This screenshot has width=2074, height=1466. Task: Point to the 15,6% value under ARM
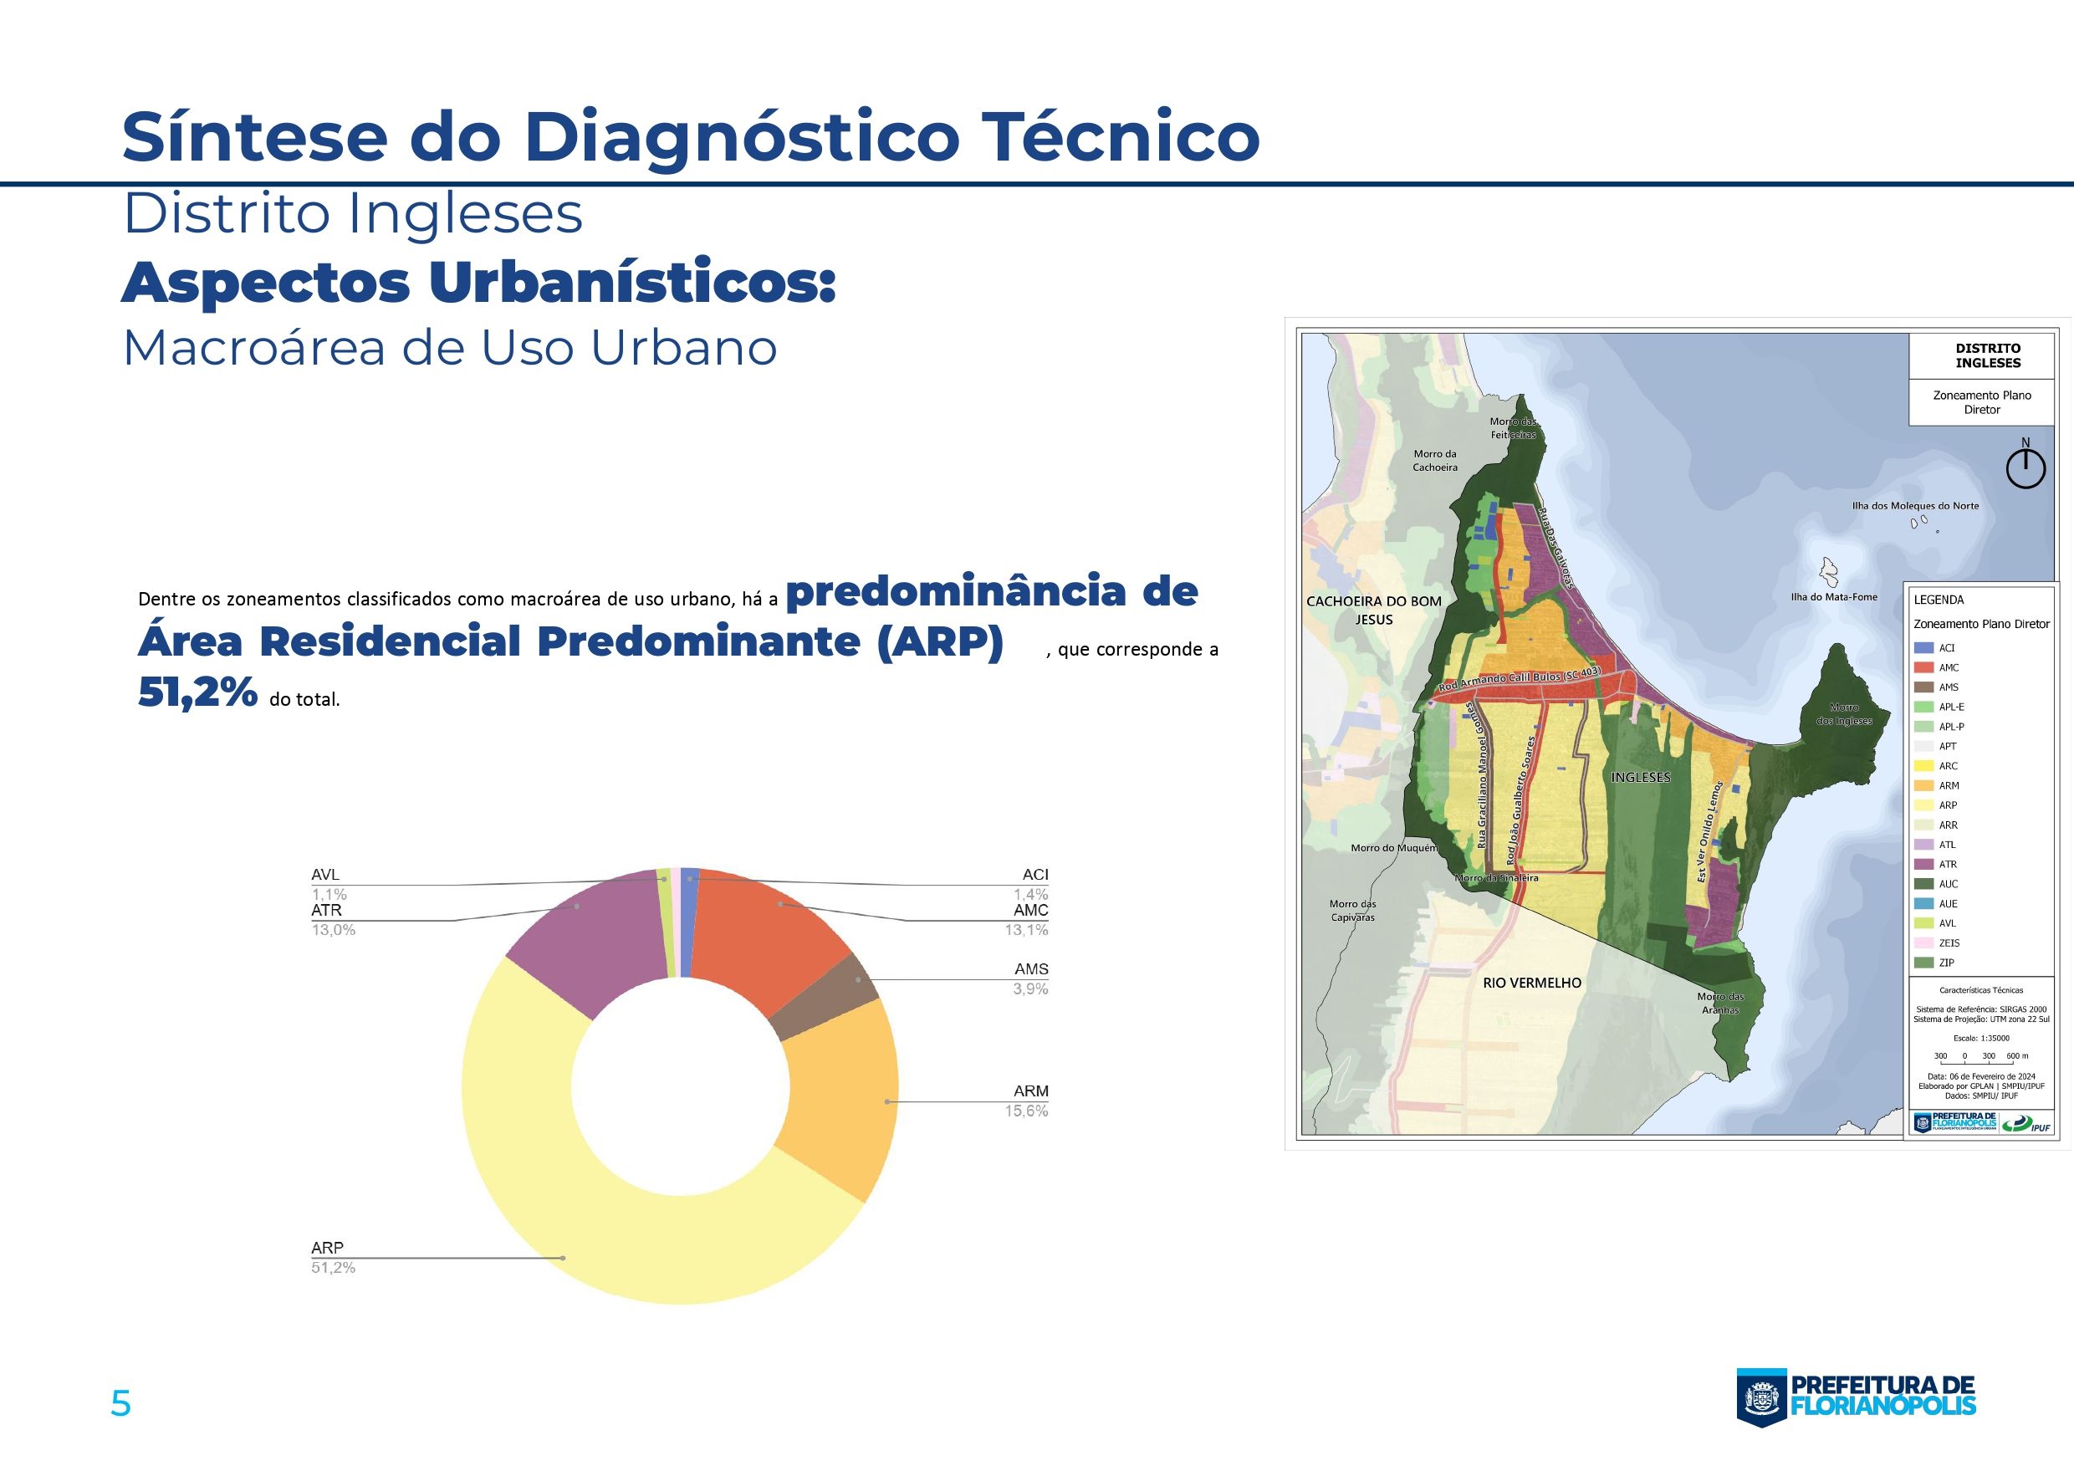point(1026,1111)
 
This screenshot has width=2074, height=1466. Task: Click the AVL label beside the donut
point(325,875)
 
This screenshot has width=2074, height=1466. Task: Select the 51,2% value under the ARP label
point(334,1267)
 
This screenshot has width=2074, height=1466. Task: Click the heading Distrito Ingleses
point(352,214)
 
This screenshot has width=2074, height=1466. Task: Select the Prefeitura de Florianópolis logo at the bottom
point(1856,1397)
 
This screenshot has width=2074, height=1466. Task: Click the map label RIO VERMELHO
point(1532,983)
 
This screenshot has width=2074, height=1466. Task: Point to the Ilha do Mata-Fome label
point(1834,597)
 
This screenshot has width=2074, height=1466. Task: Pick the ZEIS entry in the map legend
point(1949,943)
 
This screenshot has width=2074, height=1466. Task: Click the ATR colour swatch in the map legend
point(1923,865)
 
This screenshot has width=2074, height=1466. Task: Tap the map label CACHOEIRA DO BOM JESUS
point(1373,610)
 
